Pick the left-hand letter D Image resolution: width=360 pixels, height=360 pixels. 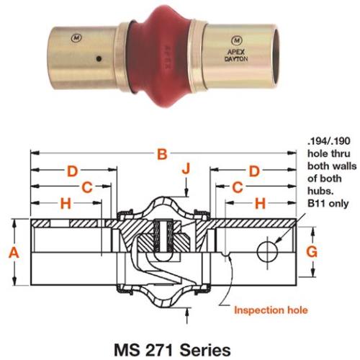point(72,171)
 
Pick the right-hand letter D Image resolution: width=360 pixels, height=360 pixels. point(253,171)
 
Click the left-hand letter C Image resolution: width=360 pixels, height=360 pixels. point(86,188)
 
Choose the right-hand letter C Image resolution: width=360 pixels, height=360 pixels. point(238,188)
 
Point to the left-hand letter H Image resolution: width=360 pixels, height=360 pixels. point(66,204)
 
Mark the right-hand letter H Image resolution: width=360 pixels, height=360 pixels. point(261,204)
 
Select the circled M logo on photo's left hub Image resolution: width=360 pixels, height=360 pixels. point(77,35)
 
